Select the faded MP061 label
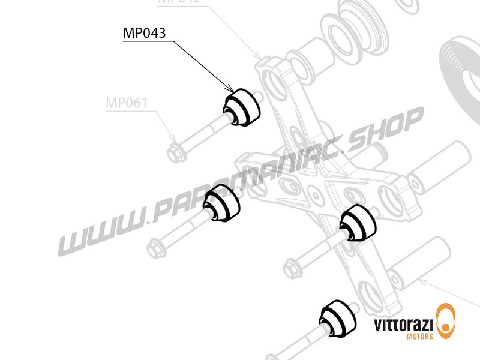[x=126, y=103]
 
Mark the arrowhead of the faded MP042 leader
[x=259, y=61]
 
